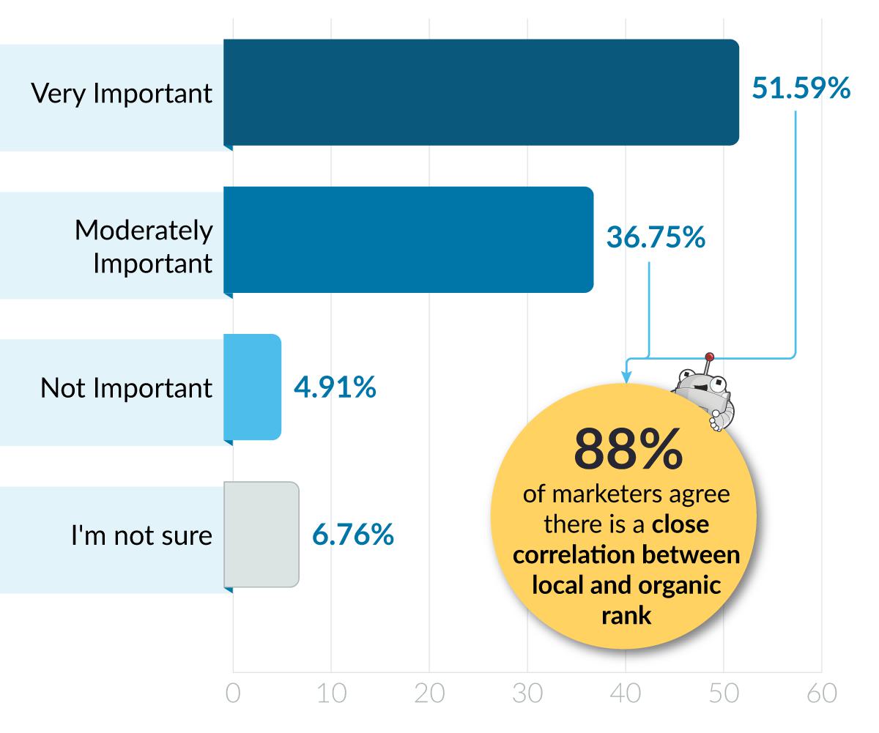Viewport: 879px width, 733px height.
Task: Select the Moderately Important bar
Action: [408, 239]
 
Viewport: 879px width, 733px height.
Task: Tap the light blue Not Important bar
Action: [253, 387]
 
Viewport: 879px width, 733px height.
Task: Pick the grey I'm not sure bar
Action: [262, 535]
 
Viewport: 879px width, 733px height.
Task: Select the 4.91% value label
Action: [335, 387]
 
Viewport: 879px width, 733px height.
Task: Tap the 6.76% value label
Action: [353, 535]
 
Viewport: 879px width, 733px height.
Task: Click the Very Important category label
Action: [122, 94]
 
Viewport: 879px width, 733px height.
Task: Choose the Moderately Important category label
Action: [144, 247]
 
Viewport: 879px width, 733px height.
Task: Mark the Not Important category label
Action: [126, 388]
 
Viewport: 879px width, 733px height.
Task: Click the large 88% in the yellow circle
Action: [628, 450]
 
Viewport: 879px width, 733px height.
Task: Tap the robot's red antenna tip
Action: [708, 357]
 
